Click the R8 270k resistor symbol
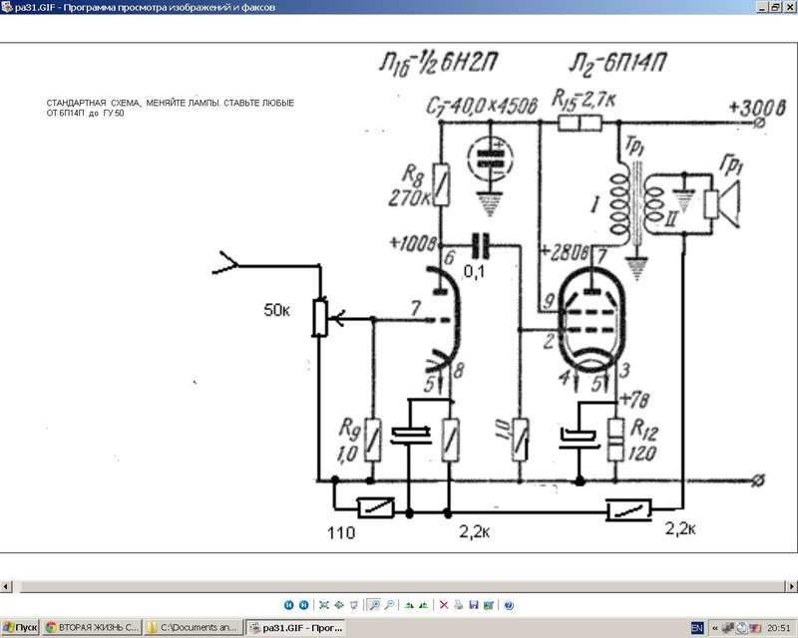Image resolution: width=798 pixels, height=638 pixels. point(436,183)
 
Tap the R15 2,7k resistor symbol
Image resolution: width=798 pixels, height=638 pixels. point(580,123)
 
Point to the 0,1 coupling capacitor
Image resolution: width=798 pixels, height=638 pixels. point(484,244)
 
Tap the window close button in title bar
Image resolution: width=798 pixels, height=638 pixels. point(789,7)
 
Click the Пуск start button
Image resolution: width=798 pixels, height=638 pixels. point(20,628)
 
